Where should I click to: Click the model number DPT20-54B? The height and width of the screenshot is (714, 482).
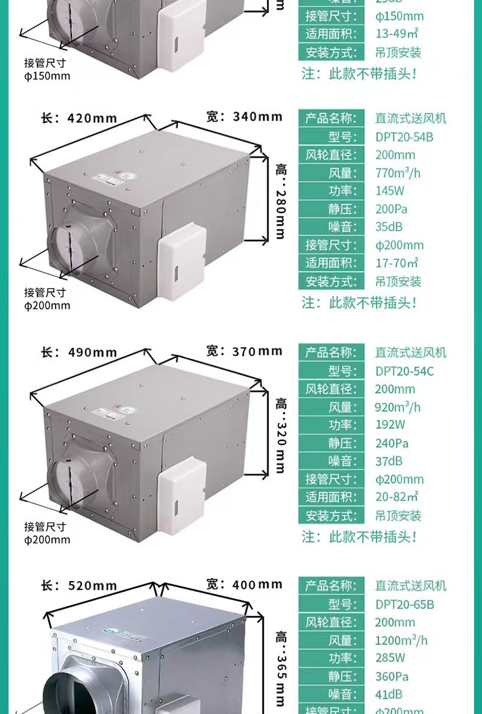point(404,137)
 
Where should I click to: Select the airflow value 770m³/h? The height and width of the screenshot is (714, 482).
point(398,173)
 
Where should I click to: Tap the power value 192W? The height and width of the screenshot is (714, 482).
point(390,425)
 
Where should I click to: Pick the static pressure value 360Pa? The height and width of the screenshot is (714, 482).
point(392,676)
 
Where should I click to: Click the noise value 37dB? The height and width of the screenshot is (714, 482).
point(389,461)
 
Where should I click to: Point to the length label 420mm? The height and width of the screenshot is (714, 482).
point(79,118)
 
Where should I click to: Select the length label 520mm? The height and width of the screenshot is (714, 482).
point(79,586)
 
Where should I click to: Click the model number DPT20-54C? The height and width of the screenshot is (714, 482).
point(405,370)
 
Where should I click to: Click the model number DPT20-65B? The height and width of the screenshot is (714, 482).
point(405,604)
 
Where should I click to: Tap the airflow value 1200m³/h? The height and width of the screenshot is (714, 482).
point(401,640)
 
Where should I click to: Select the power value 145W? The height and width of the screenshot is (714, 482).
point(390,191)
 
